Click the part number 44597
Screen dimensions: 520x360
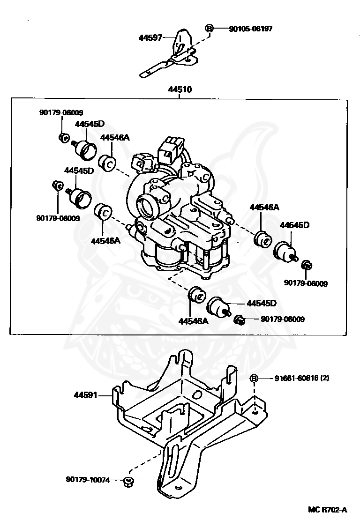click(150, 38)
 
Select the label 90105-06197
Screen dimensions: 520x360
click(251, 29)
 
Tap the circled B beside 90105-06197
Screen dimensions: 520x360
click(210, 29)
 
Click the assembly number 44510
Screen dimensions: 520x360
click(180, 89)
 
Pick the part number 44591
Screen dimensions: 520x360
click(85, 395)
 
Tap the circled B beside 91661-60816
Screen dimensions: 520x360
click(254, 378)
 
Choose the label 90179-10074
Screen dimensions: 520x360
click(88, 480)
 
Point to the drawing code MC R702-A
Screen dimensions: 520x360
click(328, 510)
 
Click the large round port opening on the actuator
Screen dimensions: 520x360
click(146, 206)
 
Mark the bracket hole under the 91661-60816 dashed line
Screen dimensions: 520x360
click(255, 412)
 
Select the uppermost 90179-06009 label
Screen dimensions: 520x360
click(61, 112)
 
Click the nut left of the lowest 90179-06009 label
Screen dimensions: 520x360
click(239, 320)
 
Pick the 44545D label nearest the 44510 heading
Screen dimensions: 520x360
click(90, 124)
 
